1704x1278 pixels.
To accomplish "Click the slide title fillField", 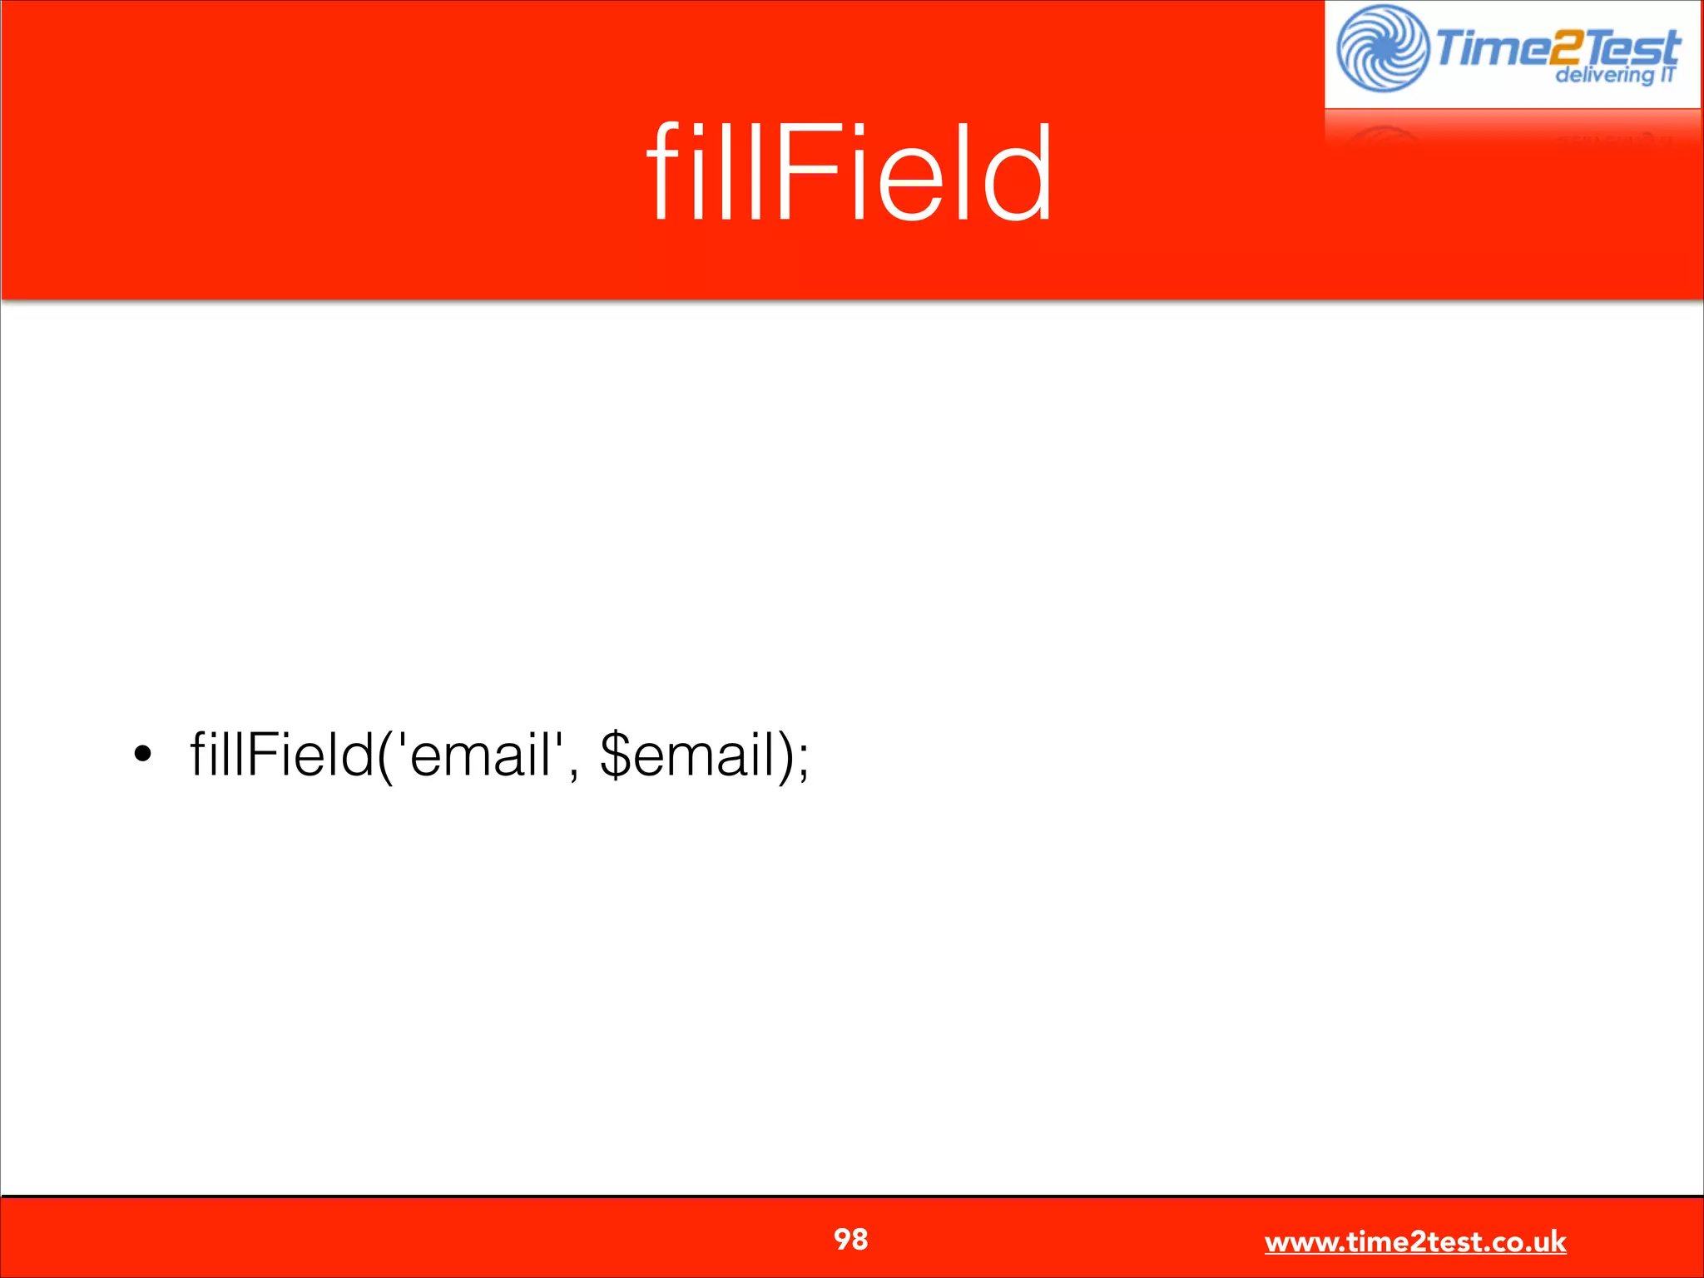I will pyautogui.click(x=850, y=172).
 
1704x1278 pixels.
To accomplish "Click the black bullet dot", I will pyautogui.click(x=142, y=754).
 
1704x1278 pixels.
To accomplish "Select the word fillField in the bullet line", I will pyautogui.click(x=281, y=754).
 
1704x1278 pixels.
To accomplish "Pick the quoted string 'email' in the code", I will pyautogui.click(x=480, y=754).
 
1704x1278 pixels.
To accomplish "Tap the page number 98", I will pyautogui.click(x=850, y=1239).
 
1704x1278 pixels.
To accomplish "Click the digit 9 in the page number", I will pyautogui.click(x=842, y=1239).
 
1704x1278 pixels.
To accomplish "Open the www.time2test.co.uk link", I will pyautogui.click(x=1415, y=1242).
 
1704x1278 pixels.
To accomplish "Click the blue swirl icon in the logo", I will pyautogui.click(x=1383, y=49).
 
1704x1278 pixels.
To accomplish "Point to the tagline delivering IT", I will pyautogui.click(x=1615, y=76).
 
